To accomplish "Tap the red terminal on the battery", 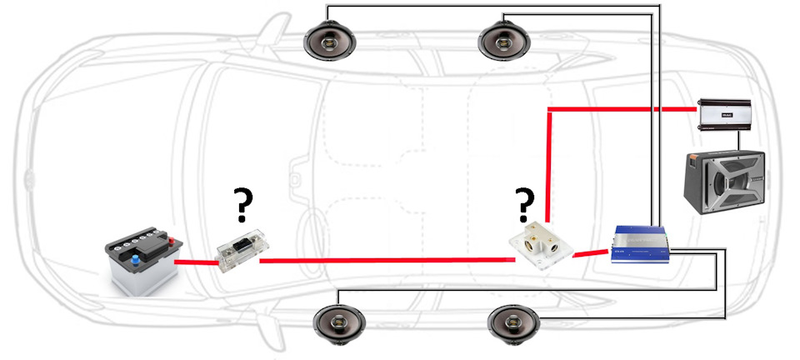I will click(x=172, y=243).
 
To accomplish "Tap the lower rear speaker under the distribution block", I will click(x=512, y=323).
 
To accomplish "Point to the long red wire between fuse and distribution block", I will click(x=383, y=261).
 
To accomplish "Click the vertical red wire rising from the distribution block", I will click(x=547, y=167).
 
